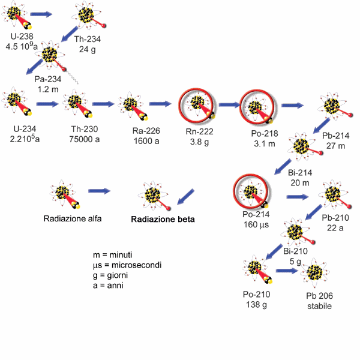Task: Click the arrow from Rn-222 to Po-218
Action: pos(229,104)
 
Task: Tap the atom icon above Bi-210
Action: pos(295,232)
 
